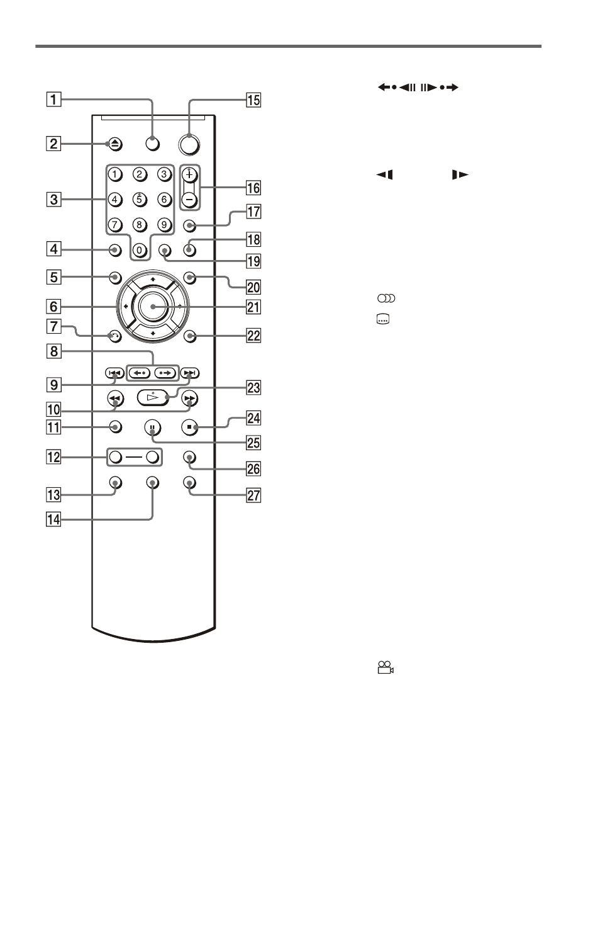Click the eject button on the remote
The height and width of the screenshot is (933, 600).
[x=115, y=145]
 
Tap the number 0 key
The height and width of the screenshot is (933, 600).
[x=140, y=251]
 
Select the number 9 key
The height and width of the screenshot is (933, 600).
[x=164, y=225]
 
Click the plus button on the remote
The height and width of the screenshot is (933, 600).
[x=189, y=175]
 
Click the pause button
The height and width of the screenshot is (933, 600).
[x=153, y=427]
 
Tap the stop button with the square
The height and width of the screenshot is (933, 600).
[x=189, y=427]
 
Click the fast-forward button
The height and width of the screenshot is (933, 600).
[x=189, y=399]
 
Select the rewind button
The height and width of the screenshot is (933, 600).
[x=115, y=399]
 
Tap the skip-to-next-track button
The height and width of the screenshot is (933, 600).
[x=190, y=373]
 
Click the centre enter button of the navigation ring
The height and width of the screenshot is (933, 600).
[x=153, y=307]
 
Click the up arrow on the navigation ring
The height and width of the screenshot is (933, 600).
[x=153, y=280]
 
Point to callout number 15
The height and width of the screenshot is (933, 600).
[x=253, y=100]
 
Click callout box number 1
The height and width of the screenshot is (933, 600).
[x=53, y=99]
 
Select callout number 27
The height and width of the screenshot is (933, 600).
[x=253, y=495]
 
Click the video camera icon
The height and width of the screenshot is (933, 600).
[x=386, y=667]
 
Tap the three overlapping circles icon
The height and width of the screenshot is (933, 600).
[x=386, y=298]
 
